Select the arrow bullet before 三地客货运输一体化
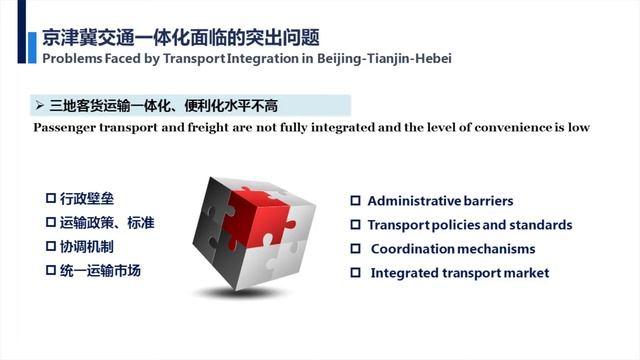pos(38,104)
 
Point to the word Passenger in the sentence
pos(65,128)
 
